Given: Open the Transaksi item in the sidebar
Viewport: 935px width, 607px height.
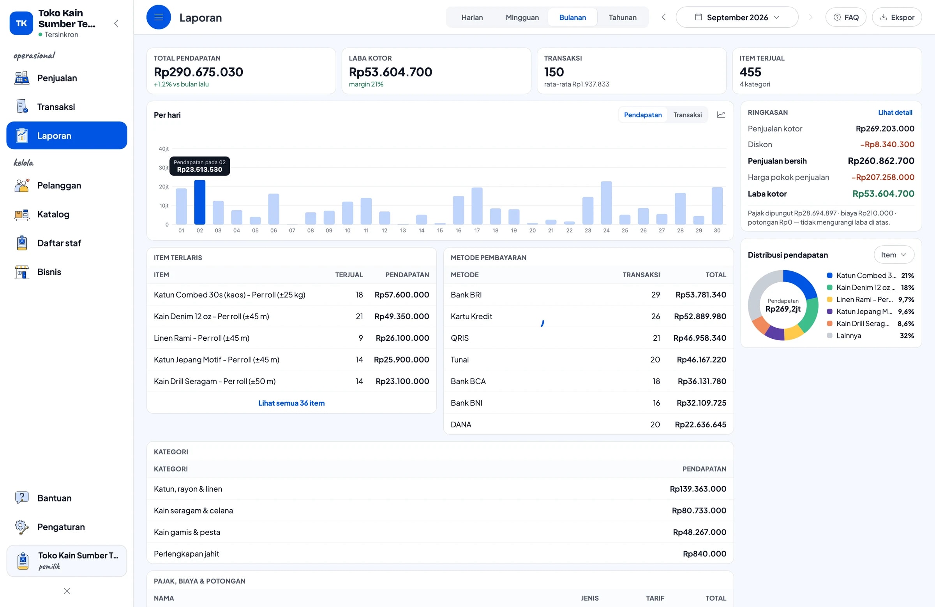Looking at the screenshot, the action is pos(56,107).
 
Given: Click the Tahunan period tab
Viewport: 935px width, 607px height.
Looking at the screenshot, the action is pos(622,17).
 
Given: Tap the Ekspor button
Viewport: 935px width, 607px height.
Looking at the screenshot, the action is pos(896,17).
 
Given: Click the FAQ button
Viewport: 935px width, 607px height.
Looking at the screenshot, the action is pos(845,17).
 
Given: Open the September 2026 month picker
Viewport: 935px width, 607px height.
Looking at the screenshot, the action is pos(737,17).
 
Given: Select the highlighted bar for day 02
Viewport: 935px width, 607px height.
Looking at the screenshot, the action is pos(199,202).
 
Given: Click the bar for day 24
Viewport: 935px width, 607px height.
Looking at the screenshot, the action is pos(606,203).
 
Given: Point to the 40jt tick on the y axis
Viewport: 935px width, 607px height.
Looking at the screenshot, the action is pos(163,149).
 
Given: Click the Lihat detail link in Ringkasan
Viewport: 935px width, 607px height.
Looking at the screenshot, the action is pos(895,112).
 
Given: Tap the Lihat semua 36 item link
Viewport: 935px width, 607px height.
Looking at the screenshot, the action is pos(291,403).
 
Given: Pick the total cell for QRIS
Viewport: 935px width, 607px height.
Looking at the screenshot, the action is pos(700,338).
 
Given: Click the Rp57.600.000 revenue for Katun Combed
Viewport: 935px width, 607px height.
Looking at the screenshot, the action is pos(402,295).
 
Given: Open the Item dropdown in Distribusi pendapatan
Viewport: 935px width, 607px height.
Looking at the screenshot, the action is pos(894,255).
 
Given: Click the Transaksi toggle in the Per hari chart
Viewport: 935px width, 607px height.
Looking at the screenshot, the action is pos(687,114).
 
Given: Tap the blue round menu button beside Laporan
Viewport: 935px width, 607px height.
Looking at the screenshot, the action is pos(159,17).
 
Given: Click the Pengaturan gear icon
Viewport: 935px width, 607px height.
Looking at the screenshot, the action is pos(21,527).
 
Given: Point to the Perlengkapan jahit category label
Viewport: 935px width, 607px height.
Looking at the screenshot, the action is pos(186,554).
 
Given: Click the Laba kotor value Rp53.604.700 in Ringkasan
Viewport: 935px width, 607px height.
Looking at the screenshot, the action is pos(883,194).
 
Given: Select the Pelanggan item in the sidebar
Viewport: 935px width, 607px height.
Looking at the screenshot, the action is pos(59,185).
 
